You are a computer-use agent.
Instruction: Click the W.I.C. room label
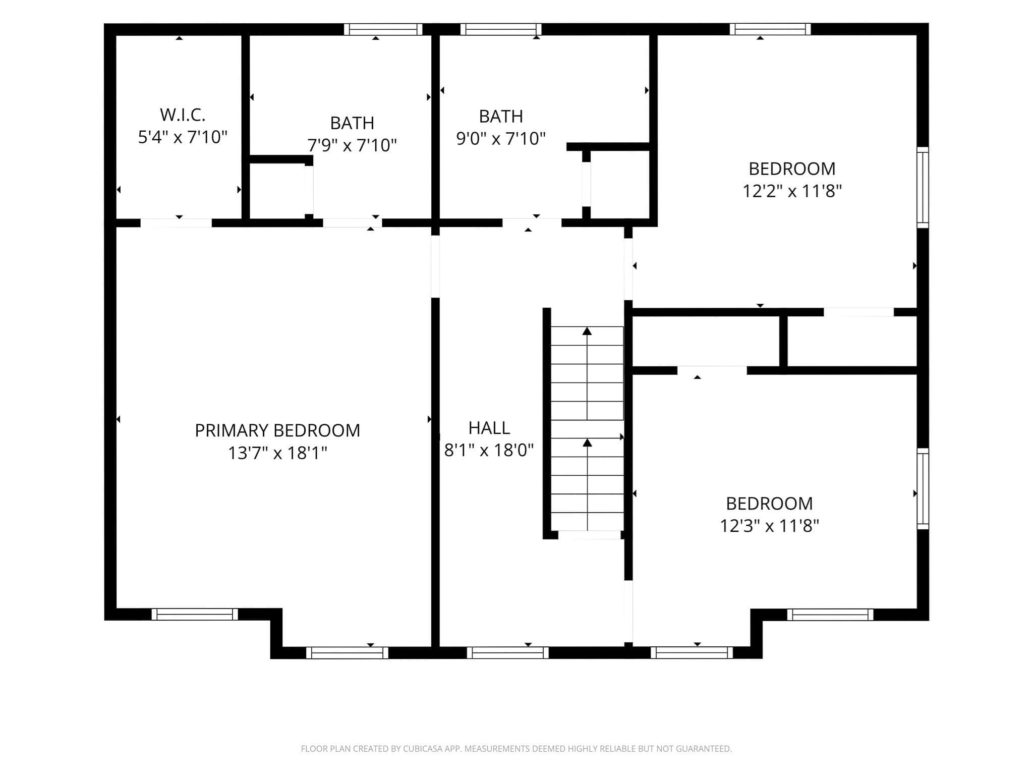click(x=183, y=115)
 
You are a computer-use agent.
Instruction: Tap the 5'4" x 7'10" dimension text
click(x=183, y=137)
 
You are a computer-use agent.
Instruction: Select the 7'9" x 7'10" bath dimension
click(x=352, y=145)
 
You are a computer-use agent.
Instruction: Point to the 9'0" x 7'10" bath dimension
click(x=501, y=138)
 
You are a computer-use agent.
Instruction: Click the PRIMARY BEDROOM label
click(x=277, y=430)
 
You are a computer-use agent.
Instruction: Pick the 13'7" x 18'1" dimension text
click(x=277, y=453)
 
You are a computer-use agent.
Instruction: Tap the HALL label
click(x=489, y=428)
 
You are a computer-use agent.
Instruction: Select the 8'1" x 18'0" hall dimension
click(x=489, y=450)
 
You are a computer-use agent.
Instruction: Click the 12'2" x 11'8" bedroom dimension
click(x=792, y=191)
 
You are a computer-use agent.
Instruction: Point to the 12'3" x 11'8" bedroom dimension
click(x=769, y=526)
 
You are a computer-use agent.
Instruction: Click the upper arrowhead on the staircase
click(x=587, y=331)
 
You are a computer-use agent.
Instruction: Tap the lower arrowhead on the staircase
click(x=587, y=442)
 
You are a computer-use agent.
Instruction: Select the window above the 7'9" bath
click(x=383, y=29)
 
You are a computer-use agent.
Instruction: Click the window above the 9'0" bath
click(x=500, y=29)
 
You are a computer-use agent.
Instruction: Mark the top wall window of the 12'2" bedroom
click(x=770, y=29)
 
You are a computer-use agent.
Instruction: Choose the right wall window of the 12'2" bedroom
click(x=923, y=187)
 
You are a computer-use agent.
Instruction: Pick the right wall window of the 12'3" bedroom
click(x=923, y=488)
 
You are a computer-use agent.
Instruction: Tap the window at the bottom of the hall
click(x=507, y=652)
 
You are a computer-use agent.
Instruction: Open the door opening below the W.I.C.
click(x=176, y=223)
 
